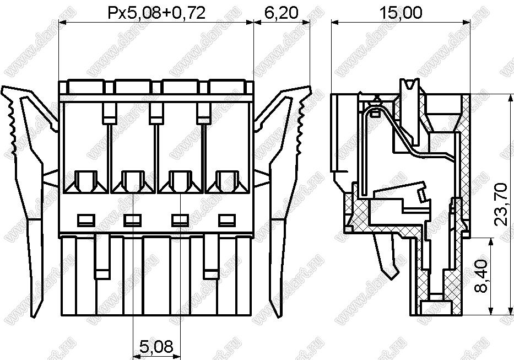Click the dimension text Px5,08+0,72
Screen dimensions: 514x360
click(x=156, y=13)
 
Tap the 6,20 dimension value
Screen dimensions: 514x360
click(x=281, y=13)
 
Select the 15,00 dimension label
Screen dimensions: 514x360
click(x=401, y=13)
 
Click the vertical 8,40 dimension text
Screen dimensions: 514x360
click(x=481, y=276)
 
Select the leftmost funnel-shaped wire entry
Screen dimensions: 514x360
click(x=86, y=181)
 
